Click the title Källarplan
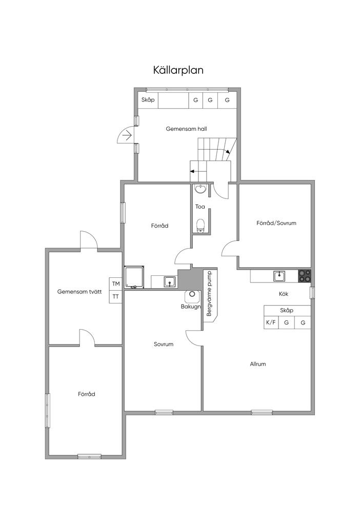tap(178, 70)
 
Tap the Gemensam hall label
tap(186, 129)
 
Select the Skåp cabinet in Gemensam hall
tap(148, 100)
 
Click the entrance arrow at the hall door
tap(127, 135)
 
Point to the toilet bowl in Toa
tap(201, 225)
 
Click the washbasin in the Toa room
tap(201, 189)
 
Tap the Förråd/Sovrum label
tap(276, 223)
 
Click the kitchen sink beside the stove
tap(279, 276)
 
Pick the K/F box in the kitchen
tap(271, 323)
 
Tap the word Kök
tap(283, 294)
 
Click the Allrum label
tap(258, 364)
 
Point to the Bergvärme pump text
tap(209, 294)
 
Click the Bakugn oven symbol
tap(192, 295)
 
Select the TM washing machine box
tap(116, 284)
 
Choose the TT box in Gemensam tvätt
tap(116, 297)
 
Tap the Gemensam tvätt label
tap(79, 292)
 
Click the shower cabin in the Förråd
tap(135, 277)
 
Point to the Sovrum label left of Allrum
tap(164, 344)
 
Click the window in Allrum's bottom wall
tap(262, 413)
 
